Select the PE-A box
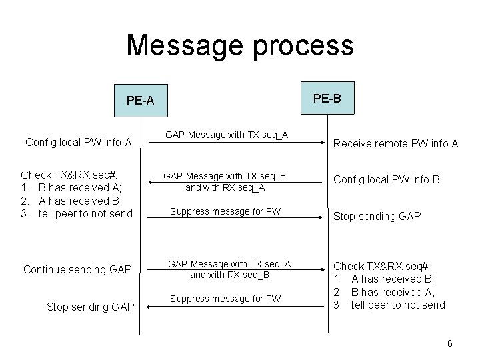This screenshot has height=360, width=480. (140, 101)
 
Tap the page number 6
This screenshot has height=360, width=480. (450, 343)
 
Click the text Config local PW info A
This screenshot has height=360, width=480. (78, 141)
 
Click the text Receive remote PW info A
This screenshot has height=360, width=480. (395, 143)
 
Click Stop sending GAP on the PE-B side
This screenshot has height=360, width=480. (377, 216)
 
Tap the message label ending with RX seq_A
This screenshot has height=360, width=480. (225, 187)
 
